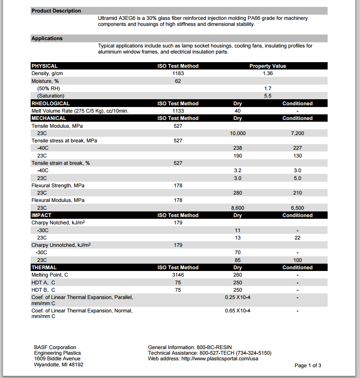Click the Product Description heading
(56, 11)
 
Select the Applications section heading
(47, 38)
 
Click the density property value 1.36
(268, 73)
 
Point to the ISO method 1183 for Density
(178, 73)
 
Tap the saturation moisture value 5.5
(268, 96)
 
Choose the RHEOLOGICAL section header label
(51, 104)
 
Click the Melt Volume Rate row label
(80, 111)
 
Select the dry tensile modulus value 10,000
(238, 133)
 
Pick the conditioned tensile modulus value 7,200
(297, 133)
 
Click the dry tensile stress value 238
(238, 148)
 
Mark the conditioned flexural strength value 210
(297, 193)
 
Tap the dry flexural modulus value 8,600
(238, 208)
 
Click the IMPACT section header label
(41, 215)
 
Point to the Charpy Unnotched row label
(61, 245)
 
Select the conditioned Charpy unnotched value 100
(297, 260)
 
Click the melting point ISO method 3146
(178, 275)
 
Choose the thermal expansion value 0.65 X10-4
(238, 311)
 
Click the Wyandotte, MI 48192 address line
(59, 365)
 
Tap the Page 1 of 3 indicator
(308, 365)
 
